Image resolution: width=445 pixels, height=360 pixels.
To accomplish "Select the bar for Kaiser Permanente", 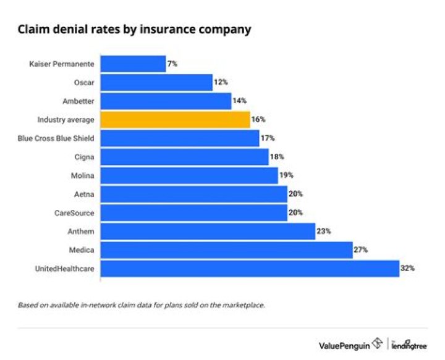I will [133, 64].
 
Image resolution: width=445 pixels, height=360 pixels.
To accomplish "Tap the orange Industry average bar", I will [175, 119].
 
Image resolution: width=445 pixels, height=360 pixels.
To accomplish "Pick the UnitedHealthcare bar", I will [250, 269].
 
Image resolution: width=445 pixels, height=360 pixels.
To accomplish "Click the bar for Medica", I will [226, 250].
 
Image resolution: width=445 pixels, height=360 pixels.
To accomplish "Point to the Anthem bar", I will [208, 232].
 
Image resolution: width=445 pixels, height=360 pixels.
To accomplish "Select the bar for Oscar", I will [156, 82].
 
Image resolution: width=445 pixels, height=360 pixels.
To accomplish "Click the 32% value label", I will [407, 269].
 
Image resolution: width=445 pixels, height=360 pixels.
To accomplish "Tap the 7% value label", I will [172, 64].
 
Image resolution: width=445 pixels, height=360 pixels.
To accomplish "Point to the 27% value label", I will [361, 250].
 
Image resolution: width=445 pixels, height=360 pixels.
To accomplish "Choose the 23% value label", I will [324, 232].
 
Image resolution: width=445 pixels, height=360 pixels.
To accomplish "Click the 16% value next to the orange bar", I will [258, 119].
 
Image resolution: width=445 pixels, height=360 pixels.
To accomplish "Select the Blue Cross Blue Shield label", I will [56, 138].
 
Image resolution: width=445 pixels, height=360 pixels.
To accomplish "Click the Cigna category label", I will [84, 157].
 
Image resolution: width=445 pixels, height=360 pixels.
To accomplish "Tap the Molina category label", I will [83, 175].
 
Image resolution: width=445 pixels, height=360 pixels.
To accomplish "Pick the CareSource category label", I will [75, 212].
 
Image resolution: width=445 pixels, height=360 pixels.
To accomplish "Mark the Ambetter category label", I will [78, 101].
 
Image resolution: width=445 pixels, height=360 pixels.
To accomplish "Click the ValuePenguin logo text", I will [345, 345].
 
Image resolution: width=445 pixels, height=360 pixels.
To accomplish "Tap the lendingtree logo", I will [409, 345].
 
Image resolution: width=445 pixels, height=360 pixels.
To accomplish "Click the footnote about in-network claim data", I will [141, 304].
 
